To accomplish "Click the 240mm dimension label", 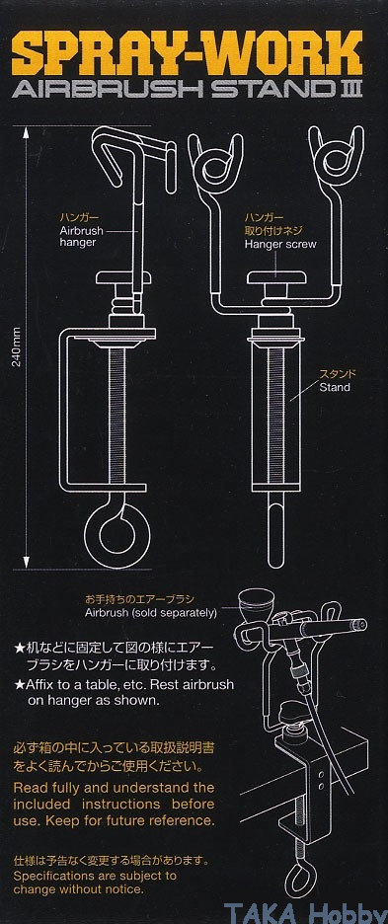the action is (x=17, y=347).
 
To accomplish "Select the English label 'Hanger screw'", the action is (x=280, y=244).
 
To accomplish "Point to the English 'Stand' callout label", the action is (x=335, y=387).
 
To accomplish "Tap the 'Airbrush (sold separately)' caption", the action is (x=151, y=613).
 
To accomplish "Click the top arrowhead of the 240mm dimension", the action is (x=26, y=132).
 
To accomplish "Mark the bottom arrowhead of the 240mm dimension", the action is (x=26, y=564).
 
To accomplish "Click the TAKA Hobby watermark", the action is (x=304, y=911).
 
